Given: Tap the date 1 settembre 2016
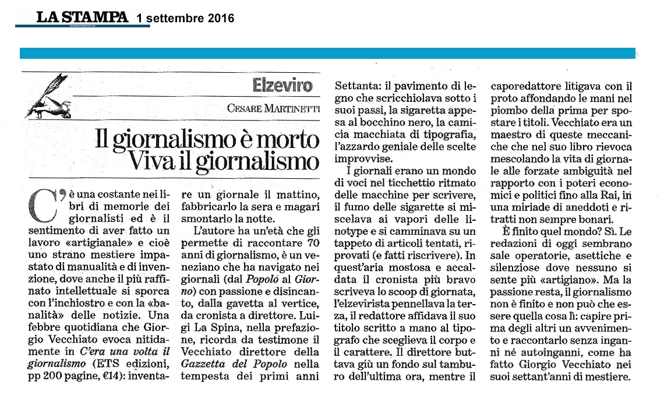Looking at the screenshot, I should [x=185, y=18].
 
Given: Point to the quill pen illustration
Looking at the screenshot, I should [x=52, y=97].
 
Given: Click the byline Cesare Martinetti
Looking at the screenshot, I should [x=275, y=108].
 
